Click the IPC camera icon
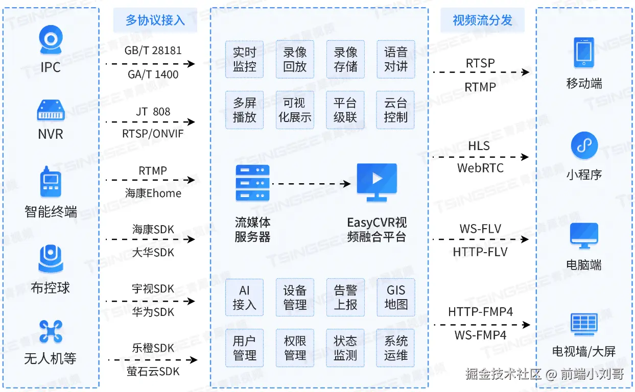(x=51, y=40)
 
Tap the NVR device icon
(x=51, y=110)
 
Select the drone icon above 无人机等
(x=51, y=331)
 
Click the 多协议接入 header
(x=155, y=20)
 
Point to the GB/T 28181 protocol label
(x=153, y=51)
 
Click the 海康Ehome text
(x=153, y=193)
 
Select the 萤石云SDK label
(x=153, y=371)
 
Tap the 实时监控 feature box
(x=244, y=59)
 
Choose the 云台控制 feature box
(x=395, y=110)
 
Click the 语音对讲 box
(x=396, y=59)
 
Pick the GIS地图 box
(x=396, y=297)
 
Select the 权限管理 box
(x=295, y=348)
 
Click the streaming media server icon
(x=252, y=183)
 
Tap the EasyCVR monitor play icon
(x=377, y=182)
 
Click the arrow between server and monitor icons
(x=311, y=184)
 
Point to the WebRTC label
(x=480, y=168)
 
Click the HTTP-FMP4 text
(x=481, y=312)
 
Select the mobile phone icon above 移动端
(x=584, y=53)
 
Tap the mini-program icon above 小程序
(x=584, y=145)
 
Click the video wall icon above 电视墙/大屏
(x=584, y=324)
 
